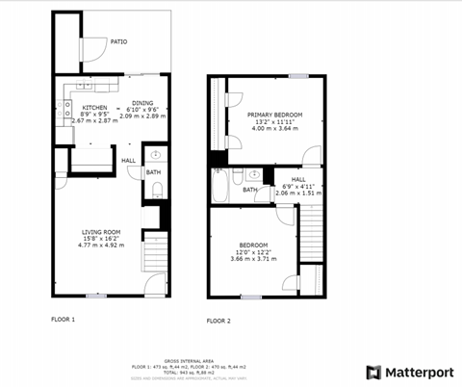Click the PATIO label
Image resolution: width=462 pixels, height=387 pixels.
pyautogui.click(x=118, y=42)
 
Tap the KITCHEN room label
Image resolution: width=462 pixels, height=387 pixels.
pyautogui.click(x=94, y=107)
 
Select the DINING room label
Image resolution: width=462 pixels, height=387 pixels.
pyautogui.click(x=142, y=102)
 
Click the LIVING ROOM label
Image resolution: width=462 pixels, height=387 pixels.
pyautogui.click(x=101, y=232)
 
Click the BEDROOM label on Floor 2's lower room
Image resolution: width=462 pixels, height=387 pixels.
pyautogui.click(x=252, y=245)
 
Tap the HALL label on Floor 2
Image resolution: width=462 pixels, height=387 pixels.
pyautogui.click(x=298, y=179)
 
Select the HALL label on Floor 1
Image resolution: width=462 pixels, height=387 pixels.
pyautogui.click(x=128, y=160)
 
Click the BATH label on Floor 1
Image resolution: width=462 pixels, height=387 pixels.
pyautogui.click(x=153, y=172)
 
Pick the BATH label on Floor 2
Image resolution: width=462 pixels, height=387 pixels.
pyautogui.click(x=249, y=190)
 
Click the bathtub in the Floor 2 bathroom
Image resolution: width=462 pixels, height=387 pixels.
pyautogui.click(x=219, y=186)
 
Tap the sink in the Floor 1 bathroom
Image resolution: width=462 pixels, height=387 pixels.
pyautogui.click(x=156, y=154)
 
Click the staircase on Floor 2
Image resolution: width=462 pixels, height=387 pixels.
pyautogui.click(x=311, y=236)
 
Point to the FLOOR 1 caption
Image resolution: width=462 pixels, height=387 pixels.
pyautogui.click(x=63, y=318)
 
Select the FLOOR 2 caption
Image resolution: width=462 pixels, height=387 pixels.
pyautogui.click(x=218, y=321)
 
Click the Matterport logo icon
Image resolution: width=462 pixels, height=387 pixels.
pyautogui.click(x=373, y=372)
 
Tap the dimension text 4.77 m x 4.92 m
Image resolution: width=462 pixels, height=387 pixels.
pyautogui.click(x=101, y=245)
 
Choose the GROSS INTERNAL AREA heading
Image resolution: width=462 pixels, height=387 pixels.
pyautogui.click(x=189, y=355)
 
